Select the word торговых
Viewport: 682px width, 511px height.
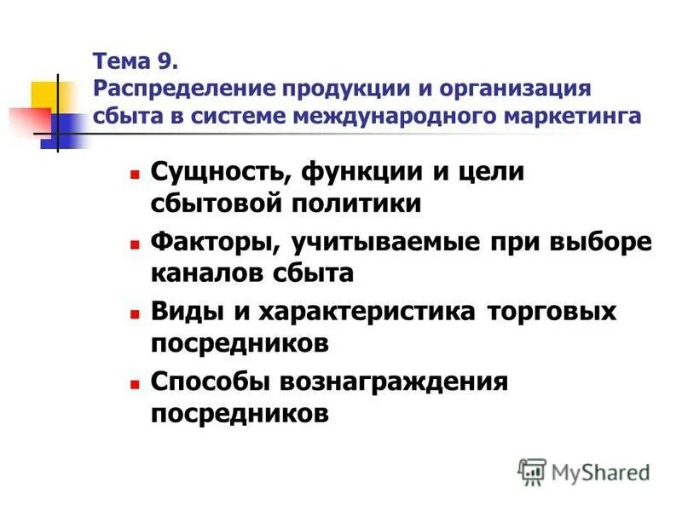pos(552,311)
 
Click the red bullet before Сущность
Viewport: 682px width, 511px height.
pos(134,173)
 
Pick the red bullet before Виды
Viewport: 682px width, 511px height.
pos(134,313)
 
